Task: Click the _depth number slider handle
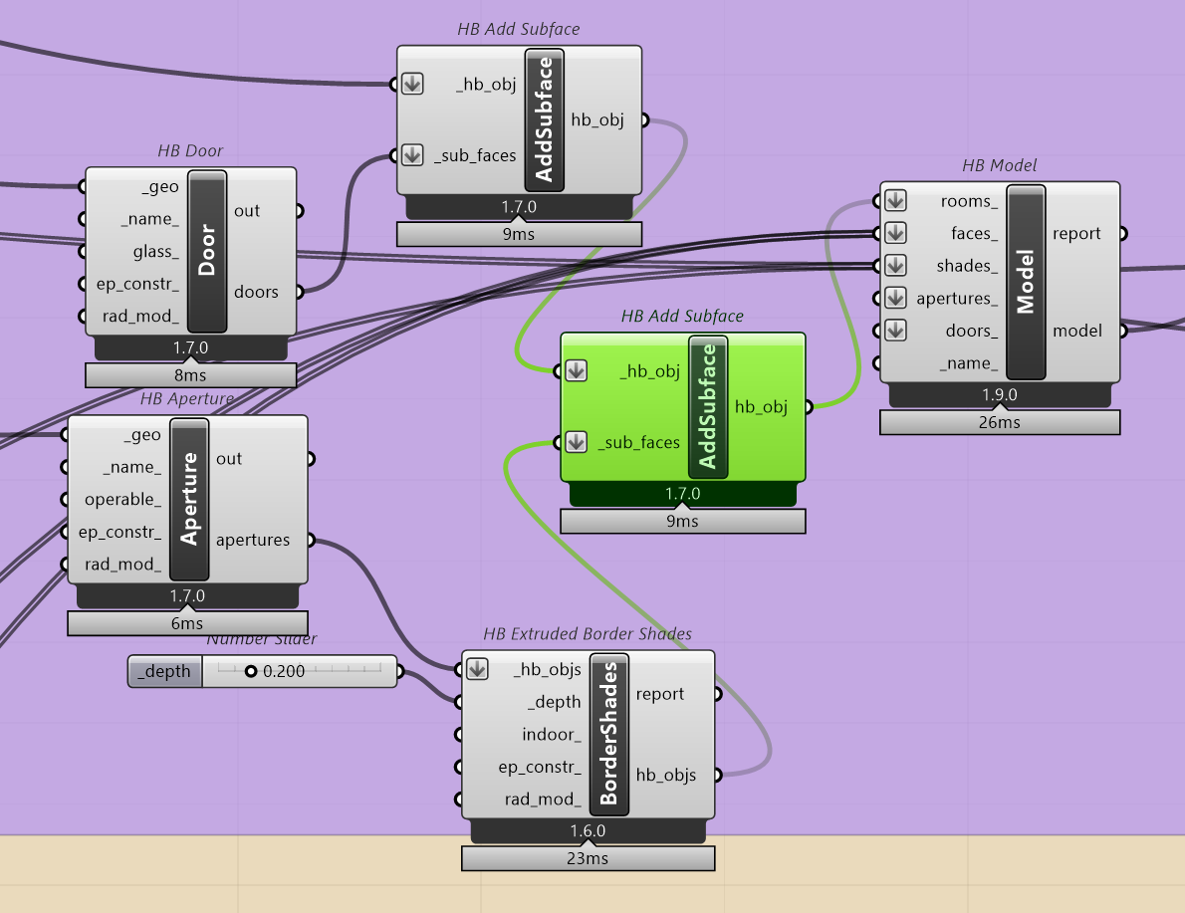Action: [251, 672]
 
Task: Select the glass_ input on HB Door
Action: [155, 251]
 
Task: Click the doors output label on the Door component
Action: [257, 292]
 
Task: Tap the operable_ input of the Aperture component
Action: [121, 500]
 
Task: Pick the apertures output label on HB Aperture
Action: [253, 541]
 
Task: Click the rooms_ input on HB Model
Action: [969, 201]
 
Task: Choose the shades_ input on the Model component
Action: [967, 266]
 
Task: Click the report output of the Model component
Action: [1076, 234]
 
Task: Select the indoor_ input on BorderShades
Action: [551, 735]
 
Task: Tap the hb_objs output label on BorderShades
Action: [665, 775]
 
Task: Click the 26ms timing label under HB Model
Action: [999, 422]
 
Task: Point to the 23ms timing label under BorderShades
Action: [588, 858]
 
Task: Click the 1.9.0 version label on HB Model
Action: [999, 395]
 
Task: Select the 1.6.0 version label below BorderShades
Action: [588, 831]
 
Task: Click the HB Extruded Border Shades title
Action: [588, 633]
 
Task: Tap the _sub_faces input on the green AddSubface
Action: [638, 443]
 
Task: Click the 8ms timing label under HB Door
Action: [190, 375]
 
